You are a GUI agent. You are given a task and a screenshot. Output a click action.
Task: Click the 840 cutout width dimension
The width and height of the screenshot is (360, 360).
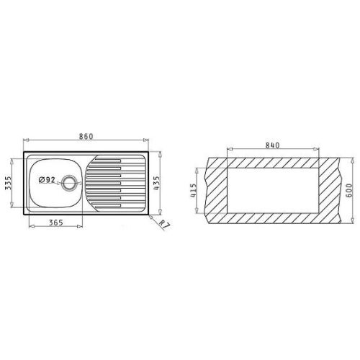pos(272,145)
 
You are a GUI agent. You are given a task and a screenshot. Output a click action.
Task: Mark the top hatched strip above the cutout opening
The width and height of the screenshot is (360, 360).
pos(272,159)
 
